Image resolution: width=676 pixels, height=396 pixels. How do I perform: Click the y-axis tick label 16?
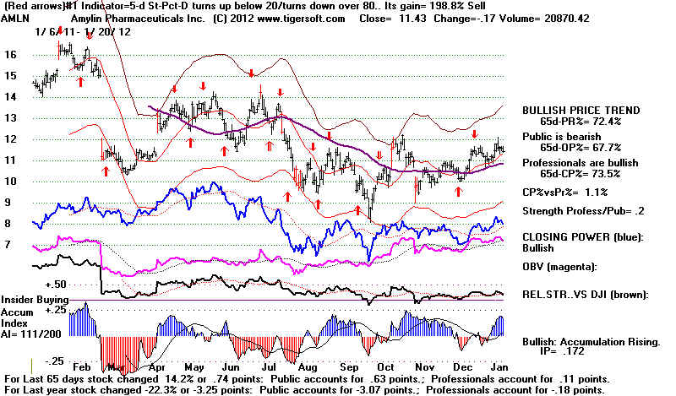(x=10, y=54)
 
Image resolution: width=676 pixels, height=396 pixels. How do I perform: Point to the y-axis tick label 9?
(x=7, y=202)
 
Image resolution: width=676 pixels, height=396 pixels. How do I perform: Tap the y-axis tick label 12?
(x=10, y=138)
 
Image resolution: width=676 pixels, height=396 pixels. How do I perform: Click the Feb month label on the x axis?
(x=82, y=367)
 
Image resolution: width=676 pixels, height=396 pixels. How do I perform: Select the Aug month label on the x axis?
(x=308, y=367)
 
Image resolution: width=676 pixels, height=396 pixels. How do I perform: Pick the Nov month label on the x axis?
(x=425, y=367)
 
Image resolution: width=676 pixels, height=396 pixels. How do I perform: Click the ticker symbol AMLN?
(x=14, y=19)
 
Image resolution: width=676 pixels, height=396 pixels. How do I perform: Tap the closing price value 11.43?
(x=413, y=19)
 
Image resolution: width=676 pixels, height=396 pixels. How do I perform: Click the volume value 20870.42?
(x=564, y=19)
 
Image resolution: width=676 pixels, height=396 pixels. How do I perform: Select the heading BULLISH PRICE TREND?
(x=581, y=111)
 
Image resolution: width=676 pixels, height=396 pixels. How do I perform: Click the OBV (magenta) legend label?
(x=559, y=267)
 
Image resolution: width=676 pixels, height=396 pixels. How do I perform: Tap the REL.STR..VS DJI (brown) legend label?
(x=586, y=296)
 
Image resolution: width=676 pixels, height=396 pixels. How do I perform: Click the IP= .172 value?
(x=562, y=351)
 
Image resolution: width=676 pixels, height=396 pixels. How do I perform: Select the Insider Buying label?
(x=35, y=300)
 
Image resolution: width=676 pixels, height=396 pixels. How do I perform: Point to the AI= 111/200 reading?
(x=31, y=334)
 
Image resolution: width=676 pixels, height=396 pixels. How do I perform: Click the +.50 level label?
(x=56, y=285)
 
